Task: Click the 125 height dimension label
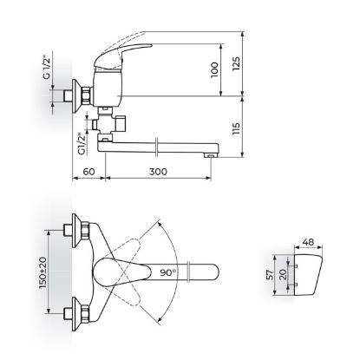pyautogui.click(x=236, y=63)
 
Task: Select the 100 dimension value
pyautogui.click(x=214, y=69)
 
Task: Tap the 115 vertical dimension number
pyautogui.click(x=236, y=128)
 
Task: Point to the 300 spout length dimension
pyautogui.click(x=158, y=172)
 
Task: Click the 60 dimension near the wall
pyautogui.click(x=88, y=172)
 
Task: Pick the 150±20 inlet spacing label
pyautogui.click(x=43, y=272)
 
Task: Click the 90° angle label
pyautogui.click(x=168, y=272)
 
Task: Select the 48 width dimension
pyautogui.click(x=308, y=242)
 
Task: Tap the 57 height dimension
pyautogui.click(x=270, y=275)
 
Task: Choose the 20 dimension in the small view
pyautogui.click(x=283, y=274)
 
